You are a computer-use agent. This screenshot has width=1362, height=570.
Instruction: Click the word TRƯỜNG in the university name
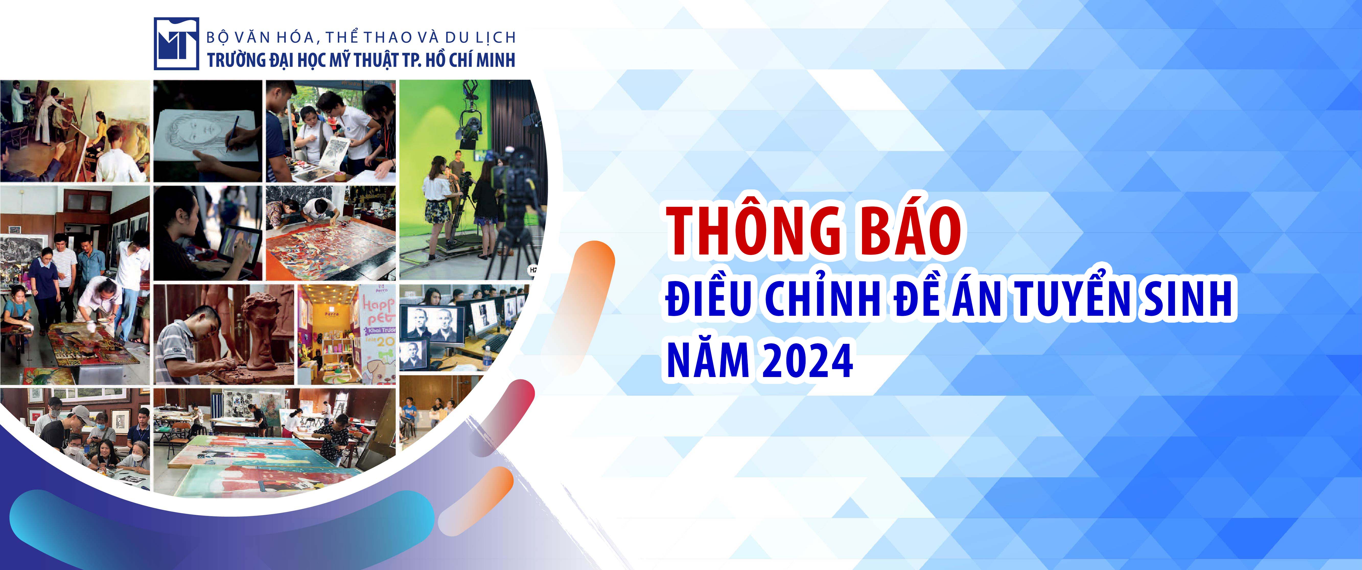click(236, 59)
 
